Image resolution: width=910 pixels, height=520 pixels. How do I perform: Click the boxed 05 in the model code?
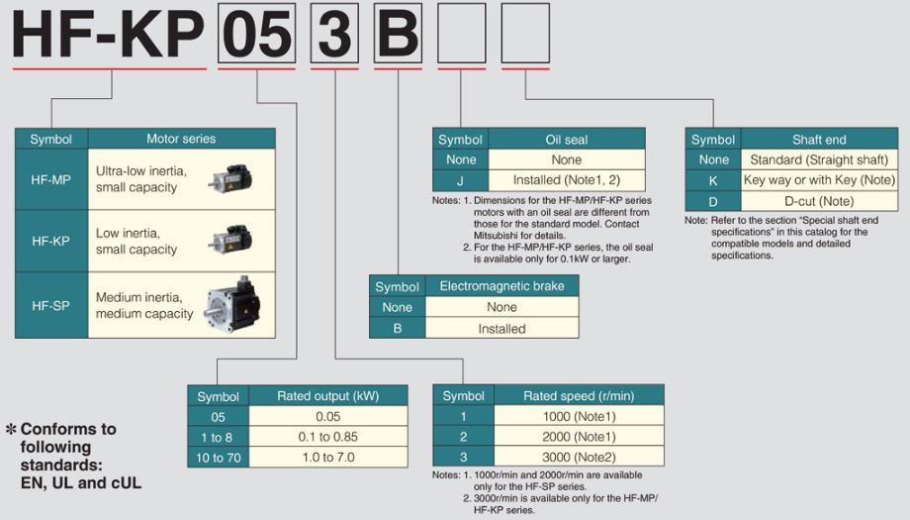tap(256, 35)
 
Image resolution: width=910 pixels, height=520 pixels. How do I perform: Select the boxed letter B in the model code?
tap(398, 35)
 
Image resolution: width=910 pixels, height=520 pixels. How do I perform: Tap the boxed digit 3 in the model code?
tap(334, 35)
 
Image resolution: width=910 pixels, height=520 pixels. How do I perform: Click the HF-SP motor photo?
tap(230, 304)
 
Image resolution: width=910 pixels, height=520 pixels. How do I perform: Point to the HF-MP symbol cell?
tap(51, 179)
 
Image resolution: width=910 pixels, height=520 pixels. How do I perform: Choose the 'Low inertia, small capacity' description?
tap(136, 241)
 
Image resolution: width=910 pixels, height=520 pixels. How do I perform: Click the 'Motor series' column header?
tap(181, 139)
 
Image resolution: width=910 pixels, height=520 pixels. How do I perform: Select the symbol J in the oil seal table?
tap(460, 180)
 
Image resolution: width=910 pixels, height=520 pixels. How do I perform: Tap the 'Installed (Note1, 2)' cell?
tap(566, 180)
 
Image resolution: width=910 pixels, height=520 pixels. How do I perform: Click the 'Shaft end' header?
tap(819, 140)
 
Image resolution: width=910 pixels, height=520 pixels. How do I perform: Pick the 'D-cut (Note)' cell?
tap(819, 201)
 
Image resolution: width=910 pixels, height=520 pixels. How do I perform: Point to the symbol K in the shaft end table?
tap(712, 180)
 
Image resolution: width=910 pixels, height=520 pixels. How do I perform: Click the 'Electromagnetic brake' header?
tap(501, 286)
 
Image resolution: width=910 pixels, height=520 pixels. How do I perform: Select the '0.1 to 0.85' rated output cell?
tap(327, 437)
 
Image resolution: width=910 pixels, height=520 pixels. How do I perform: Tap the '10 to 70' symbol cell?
tap(218, 458)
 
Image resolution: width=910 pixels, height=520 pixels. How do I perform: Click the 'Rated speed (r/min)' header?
tap(579, 396)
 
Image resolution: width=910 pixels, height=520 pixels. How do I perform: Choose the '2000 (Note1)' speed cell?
tap(579, 437)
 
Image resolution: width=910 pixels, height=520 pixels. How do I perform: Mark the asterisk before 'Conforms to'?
tap(11, 429)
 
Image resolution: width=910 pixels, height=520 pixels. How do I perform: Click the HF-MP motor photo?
tap(229, 177)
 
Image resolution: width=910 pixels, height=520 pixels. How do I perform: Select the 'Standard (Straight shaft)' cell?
tap(819, 159)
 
